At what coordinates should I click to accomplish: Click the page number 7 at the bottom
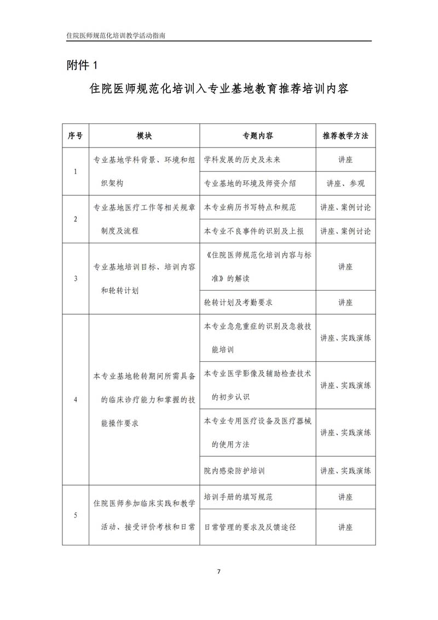218,572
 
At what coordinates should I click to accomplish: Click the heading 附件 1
81,65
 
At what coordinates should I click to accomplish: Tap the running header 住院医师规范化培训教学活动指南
116,35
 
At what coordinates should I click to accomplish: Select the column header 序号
76,135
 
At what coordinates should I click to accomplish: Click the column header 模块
145,135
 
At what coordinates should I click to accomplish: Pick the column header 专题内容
258,135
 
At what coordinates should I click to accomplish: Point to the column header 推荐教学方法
345,135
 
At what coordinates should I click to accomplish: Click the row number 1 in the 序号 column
76,172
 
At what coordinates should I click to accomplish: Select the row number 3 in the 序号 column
76,278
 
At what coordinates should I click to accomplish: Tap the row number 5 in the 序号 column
76,515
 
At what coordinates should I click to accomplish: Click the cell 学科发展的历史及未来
242,160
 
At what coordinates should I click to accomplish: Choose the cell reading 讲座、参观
345,184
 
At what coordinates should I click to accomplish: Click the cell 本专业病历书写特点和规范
250,208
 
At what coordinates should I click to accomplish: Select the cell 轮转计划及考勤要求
238,302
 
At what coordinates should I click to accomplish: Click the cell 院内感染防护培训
234,471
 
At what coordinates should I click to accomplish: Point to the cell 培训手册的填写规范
238,497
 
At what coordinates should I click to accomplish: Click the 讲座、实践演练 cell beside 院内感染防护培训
345,471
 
